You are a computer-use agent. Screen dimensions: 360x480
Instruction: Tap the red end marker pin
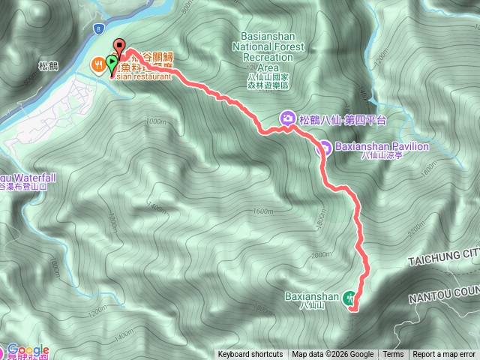[118, 46]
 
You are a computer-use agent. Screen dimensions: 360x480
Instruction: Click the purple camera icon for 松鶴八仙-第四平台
[287, 118]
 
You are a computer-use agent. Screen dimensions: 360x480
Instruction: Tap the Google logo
[28, 350]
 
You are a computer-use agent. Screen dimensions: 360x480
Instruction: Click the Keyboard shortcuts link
[250, 355]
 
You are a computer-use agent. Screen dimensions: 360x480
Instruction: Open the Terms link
[393, 355]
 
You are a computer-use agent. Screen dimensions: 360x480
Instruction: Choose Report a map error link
[444, 355]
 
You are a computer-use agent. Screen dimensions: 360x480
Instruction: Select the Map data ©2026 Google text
[333, 355]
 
